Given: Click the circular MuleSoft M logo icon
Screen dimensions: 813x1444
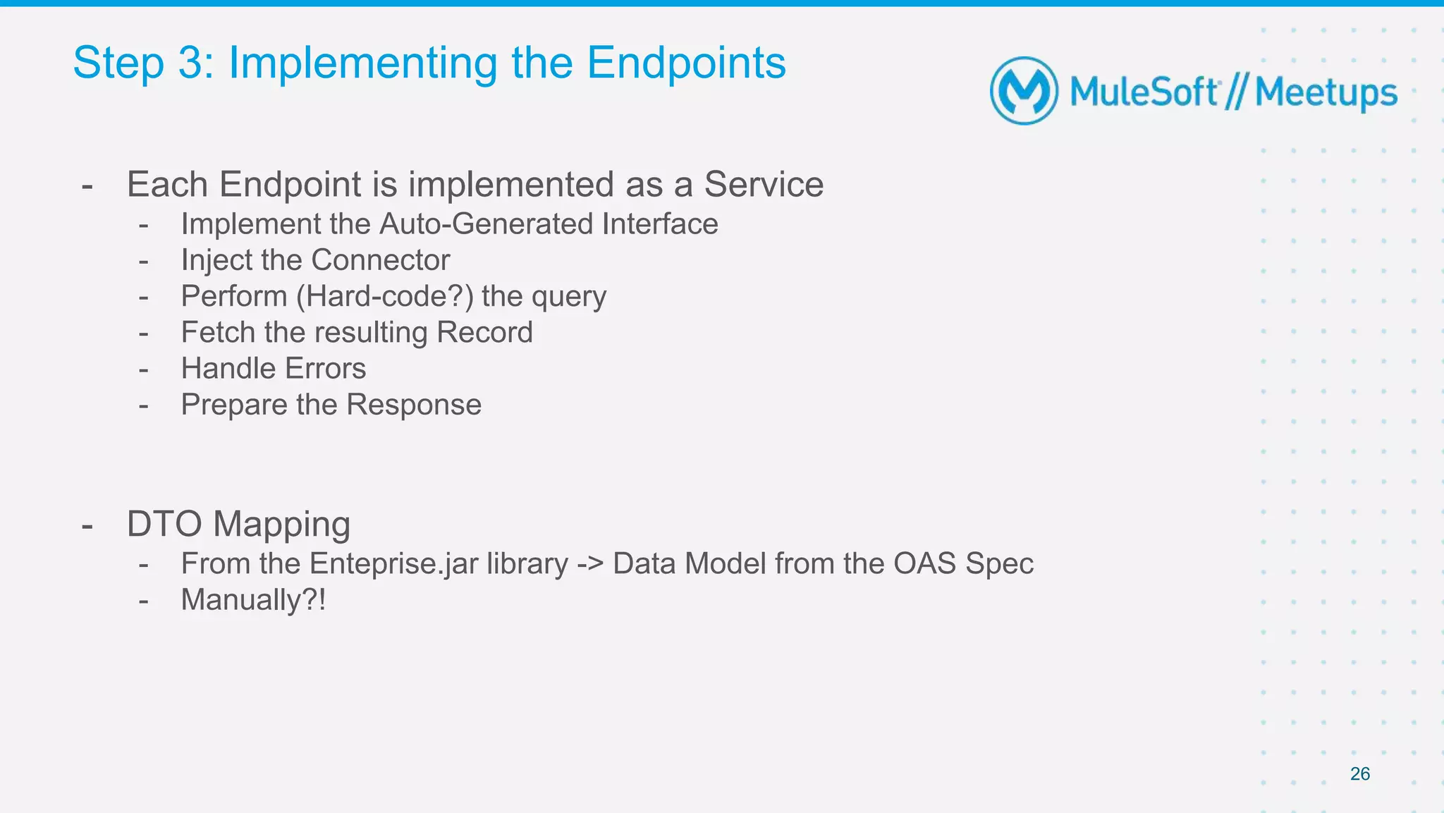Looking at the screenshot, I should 1024,91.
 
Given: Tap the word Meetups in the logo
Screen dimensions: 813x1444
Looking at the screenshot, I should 1326,93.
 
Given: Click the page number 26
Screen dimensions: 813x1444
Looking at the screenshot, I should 1359,774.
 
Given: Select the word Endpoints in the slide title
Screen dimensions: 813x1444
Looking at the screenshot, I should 686,63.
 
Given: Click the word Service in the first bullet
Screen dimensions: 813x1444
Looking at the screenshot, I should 764,185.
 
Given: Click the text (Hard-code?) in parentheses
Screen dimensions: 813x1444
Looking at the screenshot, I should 384,296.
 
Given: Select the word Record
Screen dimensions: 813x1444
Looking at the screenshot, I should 484,332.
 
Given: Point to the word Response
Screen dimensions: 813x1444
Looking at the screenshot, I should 414,405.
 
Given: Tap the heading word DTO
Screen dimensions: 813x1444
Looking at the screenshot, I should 164,525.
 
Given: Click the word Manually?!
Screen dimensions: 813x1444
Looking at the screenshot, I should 253,600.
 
